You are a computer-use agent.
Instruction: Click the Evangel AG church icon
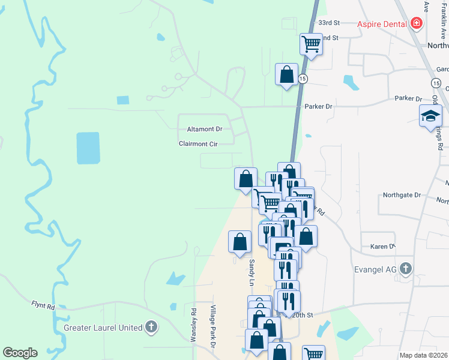pos(406,269)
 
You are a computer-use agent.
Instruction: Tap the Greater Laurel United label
pos(103,328)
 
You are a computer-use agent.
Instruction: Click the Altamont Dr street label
pos(205,129)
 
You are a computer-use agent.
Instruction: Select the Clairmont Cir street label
pos(197,144)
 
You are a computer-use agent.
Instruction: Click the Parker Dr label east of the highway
pos(406,98)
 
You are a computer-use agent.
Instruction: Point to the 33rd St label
pos(329,23)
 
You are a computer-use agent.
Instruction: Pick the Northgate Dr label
pos(402,196)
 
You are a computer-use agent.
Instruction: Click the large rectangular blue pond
pos(88,148)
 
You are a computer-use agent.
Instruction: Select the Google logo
pos(20,353)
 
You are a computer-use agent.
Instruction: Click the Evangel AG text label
pos(375,269)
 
